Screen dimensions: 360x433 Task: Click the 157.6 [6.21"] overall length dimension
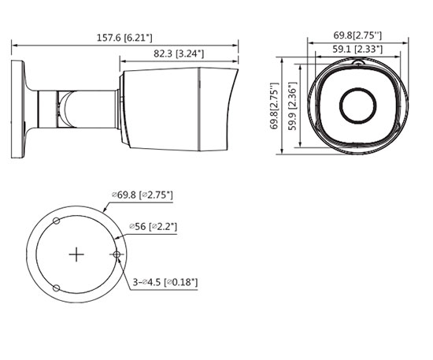pos(125,37)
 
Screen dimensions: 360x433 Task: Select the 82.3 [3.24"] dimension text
pos(177,54)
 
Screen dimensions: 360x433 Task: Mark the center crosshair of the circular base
pos(76,254)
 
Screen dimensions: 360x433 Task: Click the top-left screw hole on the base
pos(56,220)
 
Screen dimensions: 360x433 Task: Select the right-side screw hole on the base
pos(117,254)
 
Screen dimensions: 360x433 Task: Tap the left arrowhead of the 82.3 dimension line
pos(122,61)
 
